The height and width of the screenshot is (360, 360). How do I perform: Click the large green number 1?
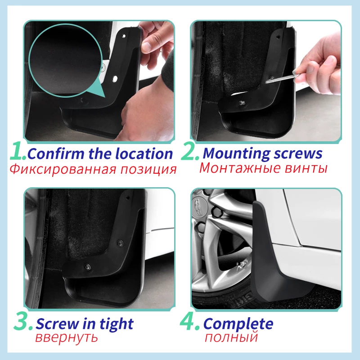(x=17, y=153)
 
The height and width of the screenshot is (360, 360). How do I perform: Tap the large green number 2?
(x=189, y=153)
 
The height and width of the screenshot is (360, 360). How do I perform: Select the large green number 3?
(x=22, y=324)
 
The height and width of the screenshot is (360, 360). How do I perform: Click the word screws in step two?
(x=298, y=153)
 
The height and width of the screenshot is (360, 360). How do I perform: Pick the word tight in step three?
(x=116, y=324)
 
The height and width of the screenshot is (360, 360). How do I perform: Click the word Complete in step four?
(x=238, y=324)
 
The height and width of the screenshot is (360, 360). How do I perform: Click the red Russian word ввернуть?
(x=67, y=337)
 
